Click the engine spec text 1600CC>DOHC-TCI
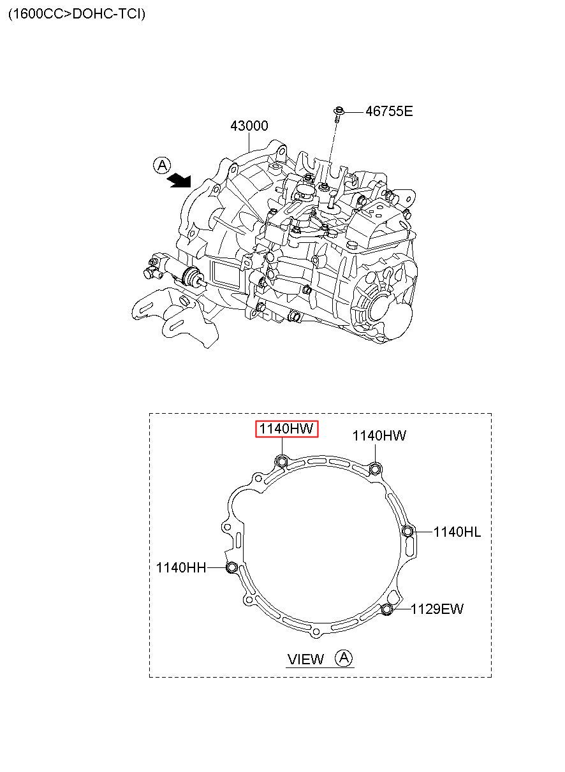[x=77, y=14]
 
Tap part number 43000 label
[x=249, y=126]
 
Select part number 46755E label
[x=389, y=112]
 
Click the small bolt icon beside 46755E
[x=339, y=114]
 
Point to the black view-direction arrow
[x=179, y=180]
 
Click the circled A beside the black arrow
[x=162, y=166]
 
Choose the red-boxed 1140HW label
[x=286, y=429]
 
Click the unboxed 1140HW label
[x=379, y=435]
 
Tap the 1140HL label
[x=457, y=532]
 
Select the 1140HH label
[x=181, y=567]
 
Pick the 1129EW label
[x=437, y=609]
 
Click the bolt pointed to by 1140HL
[x=407, y=532]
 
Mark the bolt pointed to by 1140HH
[x=231, y=567]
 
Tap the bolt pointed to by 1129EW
[x=387, y=609]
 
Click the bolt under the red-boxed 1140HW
[x=282, y=460]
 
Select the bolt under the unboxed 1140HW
[x=375, y=469]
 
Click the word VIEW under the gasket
[x=305, y=659]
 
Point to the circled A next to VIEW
[x=344, y=658]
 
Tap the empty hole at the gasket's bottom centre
[x=315, y=632]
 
